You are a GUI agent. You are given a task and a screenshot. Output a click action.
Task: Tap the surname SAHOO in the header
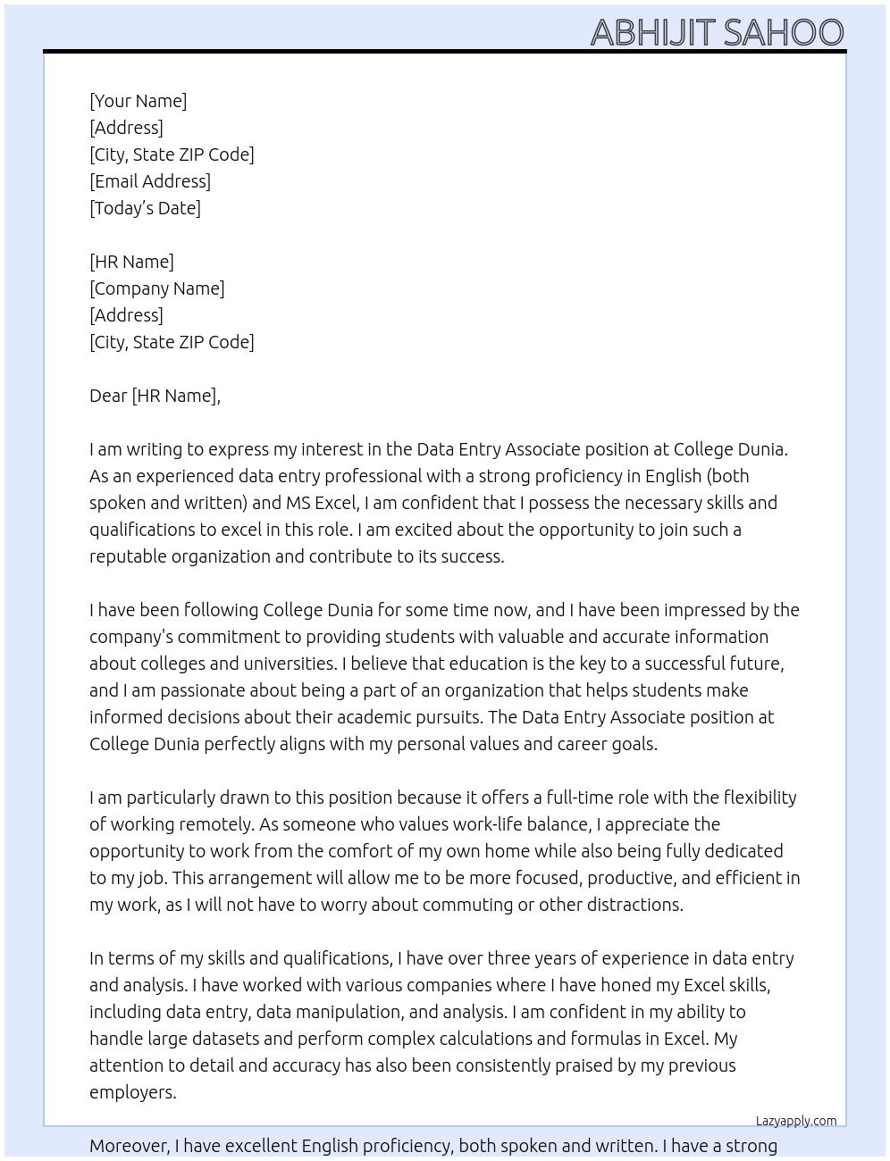783,32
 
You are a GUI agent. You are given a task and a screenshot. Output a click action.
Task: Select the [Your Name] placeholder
139,101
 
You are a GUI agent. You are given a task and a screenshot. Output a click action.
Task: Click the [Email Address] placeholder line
150,181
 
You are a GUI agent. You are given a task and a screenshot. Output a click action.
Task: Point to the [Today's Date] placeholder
145,208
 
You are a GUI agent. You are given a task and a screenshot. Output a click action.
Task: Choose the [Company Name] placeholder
157,288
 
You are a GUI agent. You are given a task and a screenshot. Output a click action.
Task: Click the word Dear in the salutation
108,396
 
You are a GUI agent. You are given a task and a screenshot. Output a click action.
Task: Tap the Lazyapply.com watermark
796,1121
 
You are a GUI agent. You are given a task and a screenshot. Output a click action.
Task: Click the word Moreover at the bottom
130,1146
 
